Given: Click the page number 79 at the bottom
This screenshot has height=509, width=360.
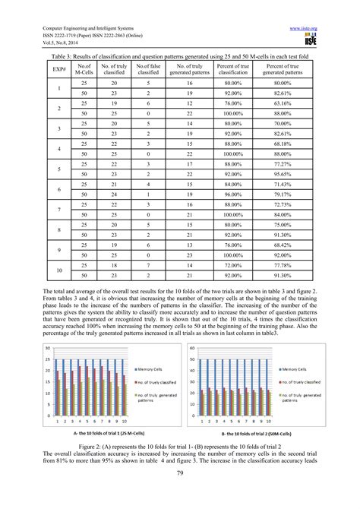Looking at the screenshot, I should (x=180, y=495).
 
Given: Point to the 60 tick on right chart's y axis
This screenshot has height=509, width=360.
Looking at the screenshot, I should (x=192, y=349).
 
